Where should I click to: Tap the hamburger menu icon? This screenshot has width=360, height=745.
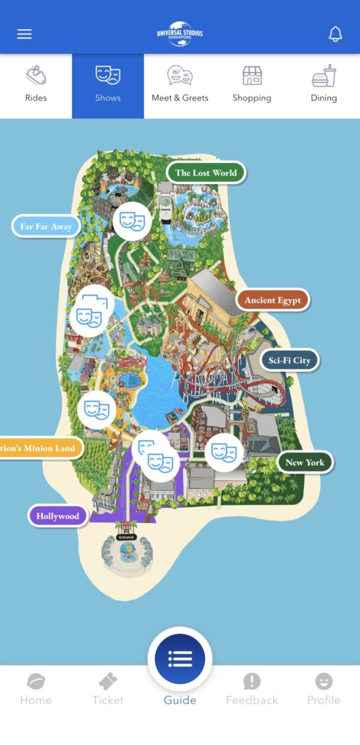click(x=25, y=34)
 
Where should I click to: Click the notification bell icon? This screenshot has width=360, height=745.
click(x=335, y=34)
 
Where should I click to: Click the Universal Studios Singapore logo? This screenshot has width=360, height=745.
click(x=180, y=33)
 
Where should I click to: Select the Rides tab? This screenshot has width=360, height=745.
click(x=36, y=85)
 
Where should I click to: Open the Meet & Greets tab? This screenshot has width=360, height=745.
click(x=180, y=85)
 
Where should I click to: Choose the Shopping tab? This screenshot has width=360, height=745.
click(x=252, y=85)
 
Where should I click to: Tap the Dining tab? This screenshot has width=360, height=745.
click(x=324, y=85)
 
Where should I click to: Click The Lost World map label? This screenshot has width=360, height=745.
click(x=206, y=173)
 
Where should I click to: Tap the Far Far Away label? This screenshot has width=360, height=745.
click(x=46, y=226)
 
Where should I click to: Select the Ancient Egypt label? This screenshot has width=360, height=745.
click(x=273, y=300)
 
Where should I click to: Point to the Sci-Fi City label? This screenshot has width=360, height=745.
click(x=289, y=360)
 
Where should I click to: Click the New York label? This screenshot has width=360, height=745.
click(x=305, y=462)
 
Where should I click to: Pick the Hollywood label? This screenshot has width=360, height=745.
click(x=58, y=516)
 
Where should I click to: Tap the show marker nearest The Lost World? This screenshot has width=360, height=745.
click(x=132, y=221)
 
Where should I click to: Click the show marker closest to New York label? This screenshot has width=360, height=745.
click(x=224, y=453)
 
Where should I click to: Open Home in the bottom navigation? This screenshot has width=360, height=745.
click(x=36, y=688)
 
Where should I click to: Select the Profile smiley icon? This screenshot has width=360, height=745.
click(x=324, y=688)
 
